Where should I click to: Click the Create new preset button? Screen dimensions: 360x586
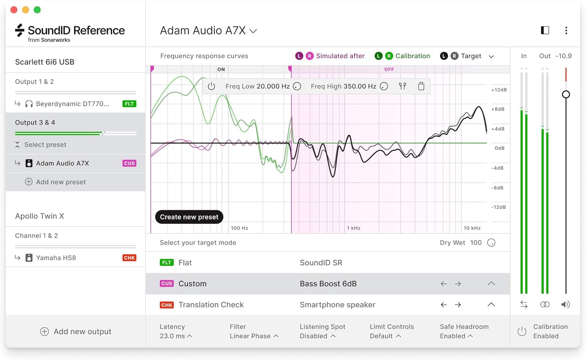tap(189, 217)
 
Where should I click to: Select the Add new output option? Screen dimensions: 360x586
tap(76, 331)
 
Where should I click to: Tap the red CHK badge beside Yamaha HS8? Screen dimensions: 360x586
tap(129, 258)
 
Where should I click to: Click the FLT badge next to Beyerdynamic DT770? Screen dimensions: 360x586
tap(129, 104)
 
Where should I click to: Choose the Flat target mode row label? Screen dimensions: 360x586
tap(185, 263)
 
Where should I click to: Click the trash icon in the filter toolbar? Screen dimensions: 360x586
tap(421, 86)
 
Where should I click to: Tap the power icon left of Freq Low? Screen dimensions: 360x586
tap(211, 86)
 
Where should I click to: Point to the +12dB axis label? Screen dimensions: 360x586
tap(499, 90)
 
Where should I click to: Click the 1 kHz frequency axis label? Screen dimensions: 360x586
tap(354, 228)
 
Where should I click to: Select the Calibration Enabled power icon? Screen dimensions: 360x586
tap(522, 331)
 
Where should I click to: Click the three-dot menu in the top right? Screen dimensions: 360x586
tap(566, 30)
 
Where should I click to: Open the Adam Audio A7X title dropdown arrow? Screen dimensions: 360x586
tap(253, 31)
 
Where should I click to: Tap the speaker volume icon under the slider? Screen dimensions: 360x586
tap(565, 305)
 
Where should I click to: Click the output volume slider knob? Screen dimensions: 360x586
tap(566, 94)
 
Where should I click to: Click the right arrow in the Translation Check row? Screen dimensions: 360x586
tap(458, 305)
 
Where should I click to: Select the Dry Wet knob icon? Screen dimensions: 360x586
tap(491, 243)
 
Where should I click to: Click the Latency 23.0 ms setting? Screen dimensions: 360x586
tap(175, 331)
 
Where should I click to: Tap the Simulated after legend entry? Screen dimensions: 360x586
tap(340, 56)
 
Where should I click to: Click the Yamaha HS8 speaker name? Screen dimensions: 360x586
tap(56, 258)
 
